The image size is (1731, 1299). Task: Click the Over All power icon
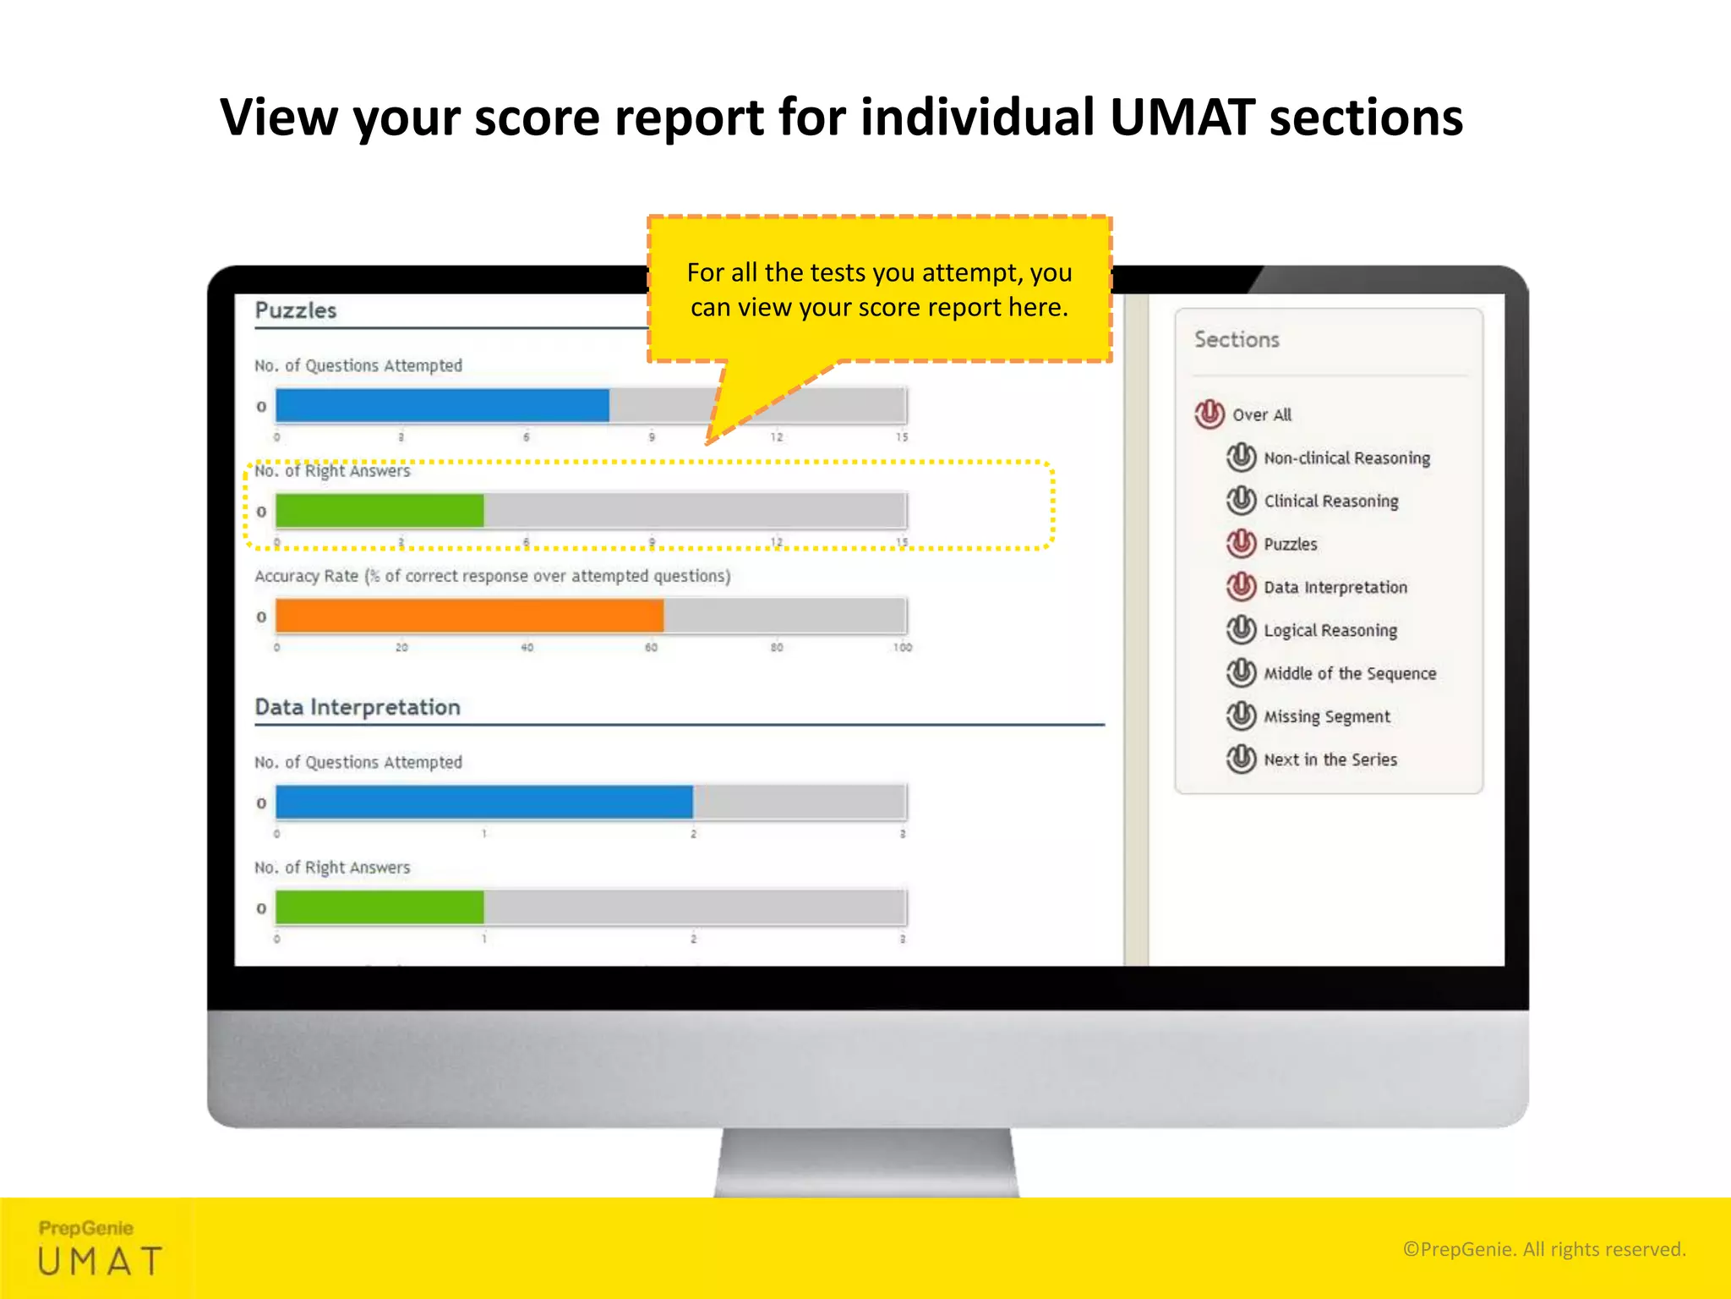[1210, 414]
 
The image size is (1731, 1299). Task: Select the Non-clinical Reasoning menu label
[1346, 458]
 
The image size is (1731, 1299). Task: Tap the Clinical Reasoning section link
[1330, 502]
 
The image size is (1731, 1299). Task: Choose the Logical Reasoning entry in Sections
[1330, 631]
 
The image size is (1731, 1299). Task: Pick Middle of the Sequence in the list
[1349, 674]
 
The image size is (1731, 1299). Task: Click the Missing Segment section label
[1326, 717]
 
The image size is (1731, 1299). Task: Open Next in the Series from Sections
[1330, 760]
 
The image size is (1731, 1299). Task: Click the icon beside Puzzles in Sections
[1241, 544]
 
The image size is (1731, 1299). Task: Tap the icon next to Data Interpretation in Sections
[1241, 587]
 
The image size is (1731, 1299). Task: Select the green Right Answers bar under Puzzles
[380, 511]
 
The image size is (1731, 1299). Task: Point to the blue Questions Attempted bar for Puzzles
[442, 406]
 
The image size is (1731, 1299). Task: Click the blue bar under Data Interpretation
[483, 803]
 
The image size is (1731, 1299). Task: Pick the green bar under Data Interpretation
[380, 908]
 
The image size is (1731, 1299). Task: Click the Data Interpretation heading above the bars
[358, 707]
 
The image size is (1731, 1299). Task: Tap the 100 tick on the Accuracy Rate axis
[902, 648]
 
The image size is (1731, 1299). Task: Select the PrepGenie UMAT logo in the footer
[100, 1248]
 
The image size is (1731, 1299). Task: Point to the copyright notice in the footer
[1543, 1249]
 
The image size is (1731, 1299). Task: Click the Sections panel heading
[1237, 340]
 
